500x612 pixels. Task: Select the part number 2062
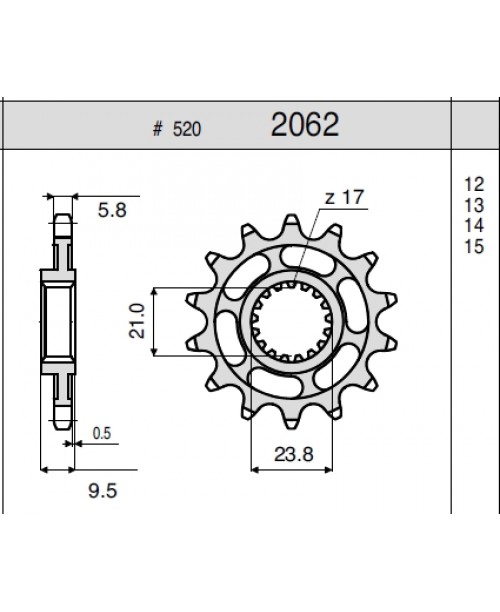click(304, 126)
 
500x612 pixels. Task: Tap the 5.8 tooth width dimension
click(110, 211)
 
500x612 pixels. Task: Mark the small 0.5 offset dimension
click(101, 432)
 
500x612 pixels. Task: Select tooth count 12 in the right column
click(474, 184)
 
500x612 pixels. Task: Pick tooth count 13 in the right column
click(474, 204)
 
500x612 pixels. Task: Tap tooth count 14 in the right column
click(474, 225)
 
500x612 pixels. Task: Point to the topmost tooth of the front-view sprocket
click(292, 224)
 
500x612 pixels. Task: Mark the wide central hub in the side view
click(58, 317)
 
